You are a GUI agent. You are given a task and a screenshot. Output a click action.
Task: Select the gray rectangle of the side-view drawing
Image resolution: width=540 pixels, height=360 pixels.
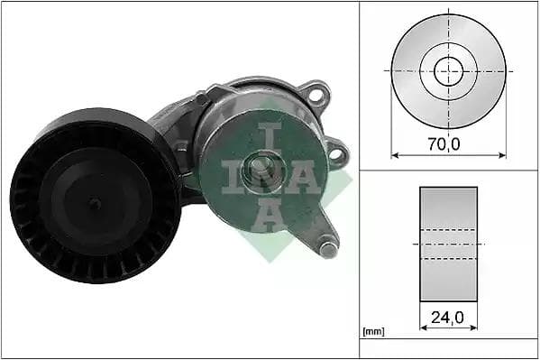448,244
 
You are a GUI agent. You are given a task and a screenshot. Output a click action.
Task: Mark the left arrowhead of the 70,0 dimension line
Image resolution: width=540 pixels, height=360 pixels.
393,155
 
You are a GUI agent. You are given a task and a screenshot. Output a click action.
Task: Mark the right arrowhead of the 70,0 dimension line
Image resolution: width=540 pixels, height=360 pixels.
502,155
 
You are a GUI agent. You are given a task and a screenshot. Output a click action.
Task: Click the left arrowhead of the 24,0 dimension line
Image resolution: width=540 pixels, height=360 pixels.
423,328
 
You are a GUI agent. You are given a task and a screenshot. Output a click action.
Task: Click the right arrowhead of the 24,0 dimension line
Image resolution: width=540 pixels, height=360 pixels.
475,328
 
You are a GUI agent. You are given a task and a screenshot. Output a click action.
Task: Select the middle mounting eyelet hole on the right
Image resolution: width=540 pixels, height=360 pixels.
336,153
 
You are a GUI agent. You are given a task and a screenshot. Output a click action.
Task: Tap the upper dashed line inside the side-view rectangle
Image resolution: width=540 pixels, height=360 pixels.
448,229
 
